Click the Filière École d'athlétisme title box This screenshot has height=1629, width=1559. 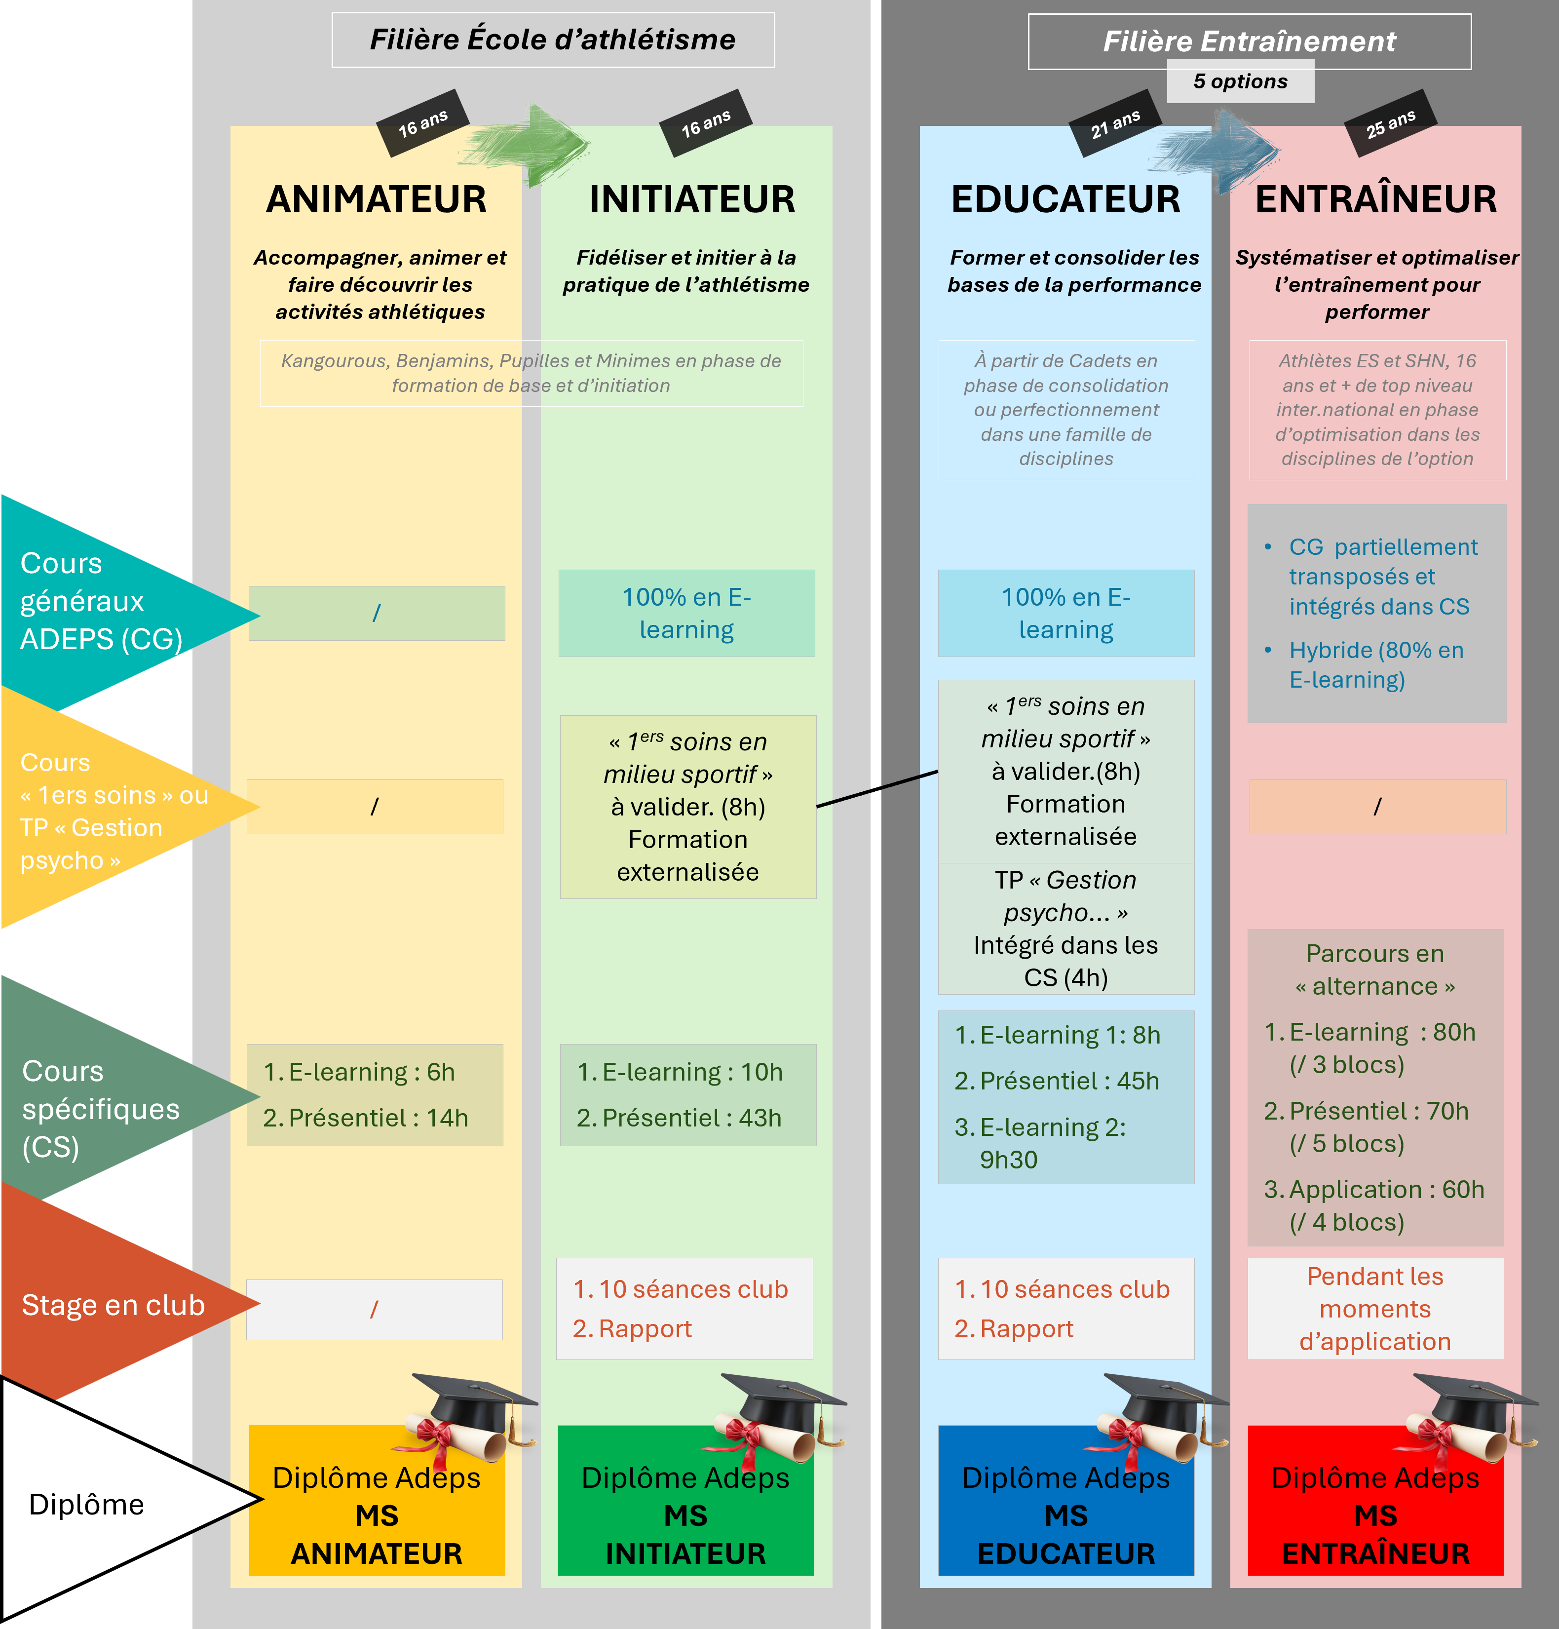553,40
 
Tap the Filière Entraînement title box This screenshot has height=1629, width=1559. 1249,41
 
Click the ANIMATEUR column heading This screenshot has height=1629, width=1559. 377,199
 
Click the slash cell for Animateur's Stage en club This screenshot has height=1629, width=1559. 375,1310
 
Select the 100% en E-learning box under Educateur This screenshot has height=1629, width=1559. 1065,614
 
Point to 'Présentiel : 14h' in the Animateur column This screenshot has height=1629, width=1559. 366,1118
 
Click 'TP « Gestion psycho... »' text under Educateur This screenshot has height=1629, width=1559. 1065,896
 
